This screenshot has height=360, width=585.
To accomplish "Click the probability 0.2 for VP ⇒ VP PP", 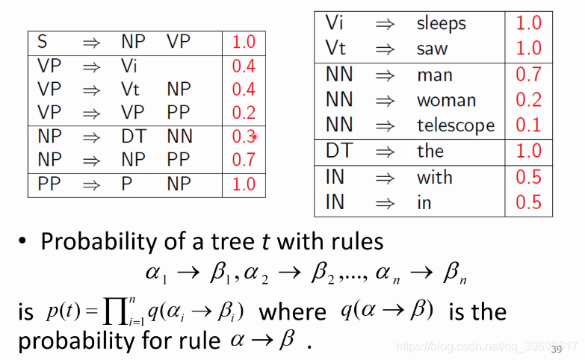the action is (244, 113).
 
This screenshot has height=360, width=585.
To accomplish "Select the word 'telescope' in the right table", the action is (455, 125).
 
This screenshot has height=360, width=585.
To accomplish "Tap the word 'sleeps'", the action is (442, 23).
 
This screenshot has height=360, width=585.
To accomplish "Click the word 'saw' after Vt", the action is (432, 49).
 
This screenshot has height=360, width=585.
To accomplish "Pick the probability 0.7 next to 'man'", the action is (528, 75).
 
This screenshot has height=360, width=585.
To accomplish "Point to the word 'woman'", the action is (446, 100).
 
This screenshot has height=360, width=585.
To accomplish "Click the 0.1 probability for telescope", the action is (528, 125).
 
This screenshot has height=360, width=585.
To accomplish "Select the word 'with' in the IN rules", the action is (434, 177).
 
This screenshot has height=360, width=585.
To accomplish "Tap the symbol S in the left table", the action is (43, 42).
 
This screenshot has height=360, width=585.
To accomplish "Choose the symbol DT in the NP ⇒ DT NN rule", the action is (134, 136).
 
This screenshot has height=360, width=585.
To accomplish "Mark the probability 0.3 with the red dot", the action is (244, 136).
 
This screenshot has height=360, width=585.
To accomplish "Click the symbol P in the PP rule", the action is (126, 184).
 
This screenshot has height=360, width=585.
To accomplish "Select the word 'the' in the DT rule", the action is (430, 151).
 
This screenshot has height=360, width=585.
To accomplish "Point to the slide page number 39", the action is (557, 349).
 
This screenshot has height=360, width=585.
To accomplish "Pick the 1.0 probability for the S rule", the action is (244, 43).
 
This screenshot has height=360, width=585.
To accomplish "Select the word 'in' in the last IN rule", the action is (424, 202).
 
